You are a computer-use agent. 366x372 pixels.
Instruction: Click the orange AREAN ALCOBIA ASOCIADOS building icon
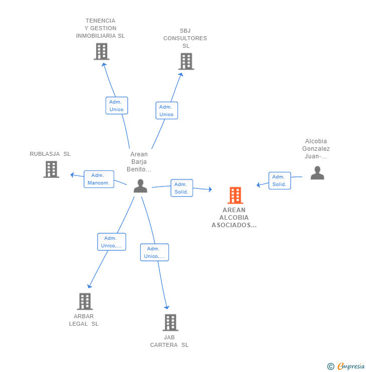point(235,195)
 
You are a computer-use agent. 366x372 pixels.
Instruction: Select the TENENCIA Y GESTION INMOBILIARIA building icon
point(102,51)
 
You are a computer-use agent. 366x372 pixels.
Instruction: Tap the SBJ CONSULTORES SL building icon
point(186,61)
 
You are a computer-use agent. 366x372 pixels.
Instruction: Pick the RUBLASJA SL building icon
point(51,169)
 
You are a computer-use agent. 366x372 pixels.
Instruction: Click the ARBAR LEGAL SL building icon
point(85,302)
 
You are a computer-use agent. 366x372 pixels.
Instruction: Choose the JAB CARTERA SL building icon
point(170,322)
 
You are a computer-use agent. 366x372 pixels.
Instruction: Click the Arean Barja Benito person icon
point(140,186)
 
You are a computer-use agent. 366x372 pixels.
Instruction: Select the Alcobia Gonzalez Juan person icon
point(317,173)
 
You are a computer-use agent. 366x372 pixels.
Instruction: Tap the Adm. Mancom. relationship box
point(99,179)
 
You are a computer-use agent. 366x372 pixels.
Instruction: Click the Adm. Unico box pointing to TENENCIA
point(117,106)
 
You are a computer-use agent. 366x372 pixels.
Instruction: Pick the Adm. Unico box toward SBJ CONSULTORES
point(167,110)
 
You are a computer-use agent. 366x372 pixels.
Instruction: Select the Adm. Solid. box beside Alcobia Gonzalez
point(280,180)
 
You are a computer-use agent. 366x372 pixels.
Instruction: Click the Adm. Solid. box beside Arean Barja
point(181,188)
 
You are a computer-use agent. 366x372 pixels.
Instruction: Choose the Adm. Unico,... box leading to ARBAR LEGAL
point(112,242)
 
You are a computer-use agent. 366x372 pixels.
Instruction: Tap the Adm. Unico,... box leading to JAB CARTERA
point(154,252)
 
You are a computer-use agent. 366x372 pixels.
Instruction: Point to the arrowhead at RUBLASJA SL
point(72,175)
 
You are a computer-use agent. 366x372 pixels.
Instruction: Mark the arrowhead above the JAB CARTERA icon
point(167,308)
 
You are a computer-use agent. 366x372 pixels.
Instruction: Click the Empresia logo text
point(351,366)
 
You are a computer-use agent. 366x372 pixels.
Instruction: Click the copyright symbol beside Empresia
point(331,366)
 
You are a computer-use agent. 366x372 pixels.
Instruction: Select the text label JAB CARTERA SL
point(169,341)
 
